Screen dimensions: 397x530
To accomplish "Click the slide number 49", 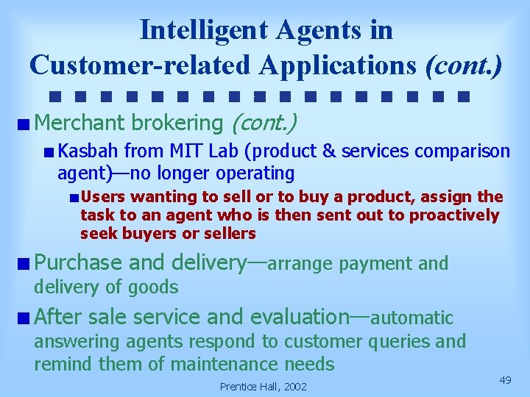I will pos(505,379).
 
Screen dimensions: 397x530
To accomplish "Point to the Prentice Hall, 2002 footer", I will pos(264,387).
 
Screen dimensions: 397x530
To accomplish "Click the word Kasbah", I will pos(88,151).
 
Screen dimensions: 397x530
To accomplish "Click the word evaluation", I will pos(300,317).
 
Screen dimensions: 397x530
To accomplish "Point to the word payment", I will pos(378,263).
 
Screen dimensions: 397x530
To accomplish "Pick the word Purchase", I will pos(78,262).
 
